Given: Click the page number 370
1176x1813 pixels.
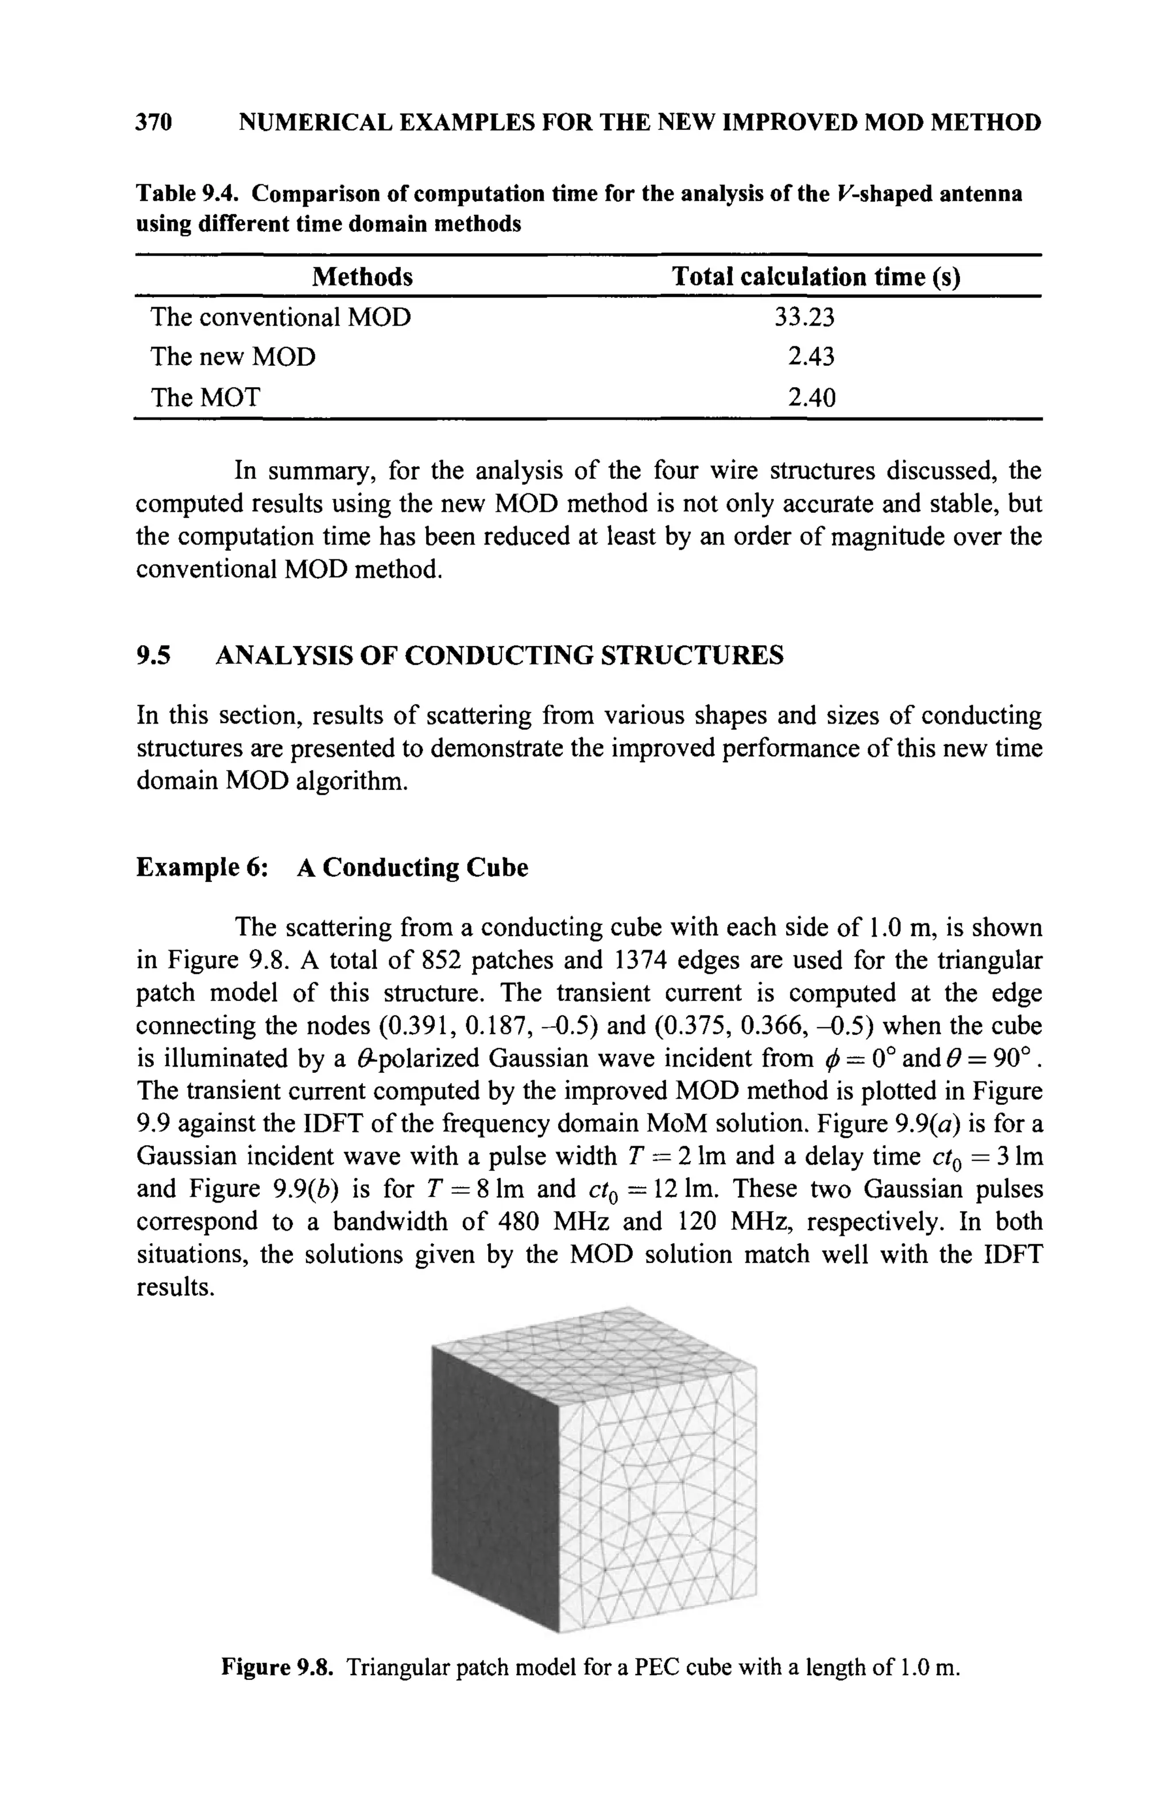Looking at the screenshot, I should [x=154, y=122].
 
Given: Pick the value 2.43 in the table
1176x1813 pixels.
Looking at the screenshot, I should [x=811, y=357].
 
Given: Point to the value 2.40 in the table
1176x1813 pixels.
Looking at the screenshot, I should [x=811, y=397].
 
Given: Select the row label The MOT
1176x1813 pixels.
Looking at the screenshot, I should [x=205, y=397].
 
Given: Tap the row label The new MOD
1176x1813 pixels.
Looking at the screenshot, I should [x=233, y=357].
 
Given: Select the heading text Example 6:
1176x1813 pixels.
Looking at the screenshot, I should [x=201, y=868].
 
